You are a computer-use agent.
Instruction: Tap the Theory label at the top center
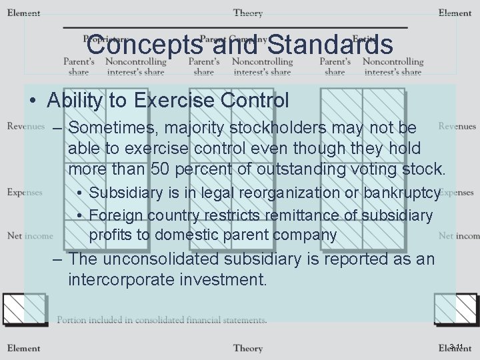coord(247,13)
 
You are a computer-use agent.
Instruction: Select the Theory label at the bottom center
coord(247,348)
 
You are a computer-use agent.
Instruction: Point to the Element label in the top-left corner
coord(23,13)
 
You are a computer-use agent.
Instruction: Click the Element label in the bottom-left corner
coord(23,348)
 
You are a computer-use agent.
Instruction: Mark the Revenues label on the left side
coord(26,126)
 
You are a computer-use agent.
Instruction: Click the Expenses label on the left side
coord(25,192)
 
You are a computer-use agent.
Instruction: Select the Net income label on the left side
coord(30,235)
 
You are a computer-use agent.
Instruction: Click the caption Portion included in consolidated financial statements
coord(162,320)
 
